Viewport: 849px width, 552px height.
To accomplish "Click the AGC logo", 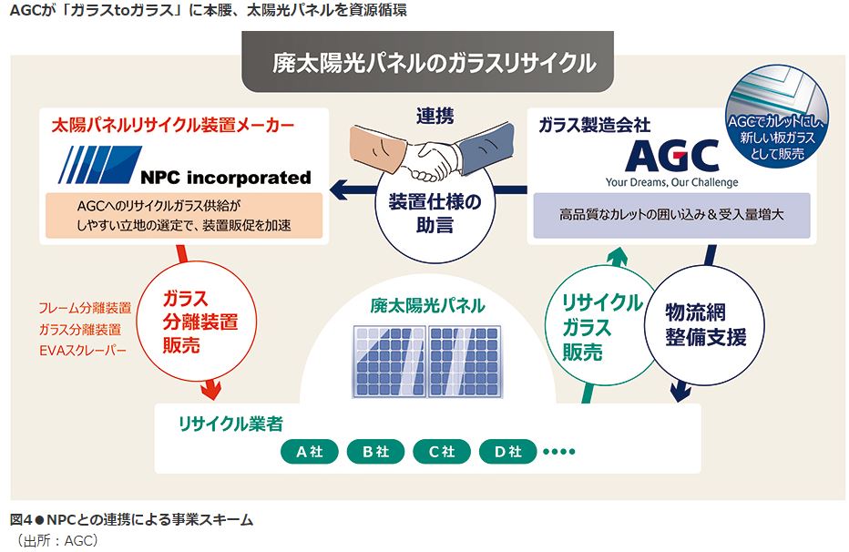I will [671, 157].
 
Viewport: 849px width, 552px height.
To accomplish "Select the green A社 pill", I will [310, 451].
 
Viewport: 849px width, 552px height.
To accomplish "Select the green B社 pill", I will [375, 451].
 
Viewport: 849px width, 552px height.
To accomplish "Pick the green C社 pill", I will [441, 451].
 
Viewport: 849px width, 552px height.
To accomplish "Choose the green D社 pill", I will [507, 451].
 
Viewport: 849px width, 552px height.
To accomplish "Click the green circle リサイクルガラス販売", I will [599, 327].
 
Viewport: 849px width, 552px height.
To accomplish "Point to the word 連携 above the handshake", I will [435, 116].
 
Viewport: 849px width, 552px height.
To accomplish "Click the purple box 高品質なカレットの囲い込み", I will [671, 217].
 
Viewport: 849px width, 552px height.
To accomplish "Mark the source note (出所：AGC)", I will [56, 539].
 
